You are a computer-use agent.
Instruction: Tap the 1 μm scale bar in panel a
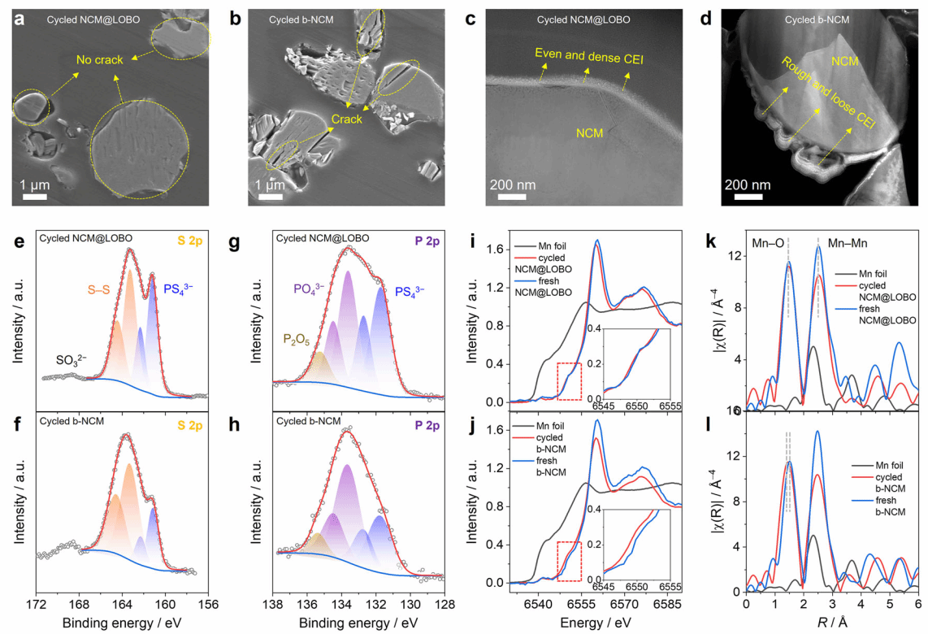click(33, 196)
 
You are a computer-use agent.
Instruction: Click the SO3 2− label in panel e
click(77, 359)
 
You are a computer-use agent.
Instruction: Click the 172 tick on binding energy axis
click(36, 605)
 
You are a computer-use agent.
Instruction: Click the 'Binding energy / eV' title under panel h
click(358, 623)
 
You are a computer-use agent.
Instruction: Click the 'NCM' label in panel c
click(590, 132)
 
